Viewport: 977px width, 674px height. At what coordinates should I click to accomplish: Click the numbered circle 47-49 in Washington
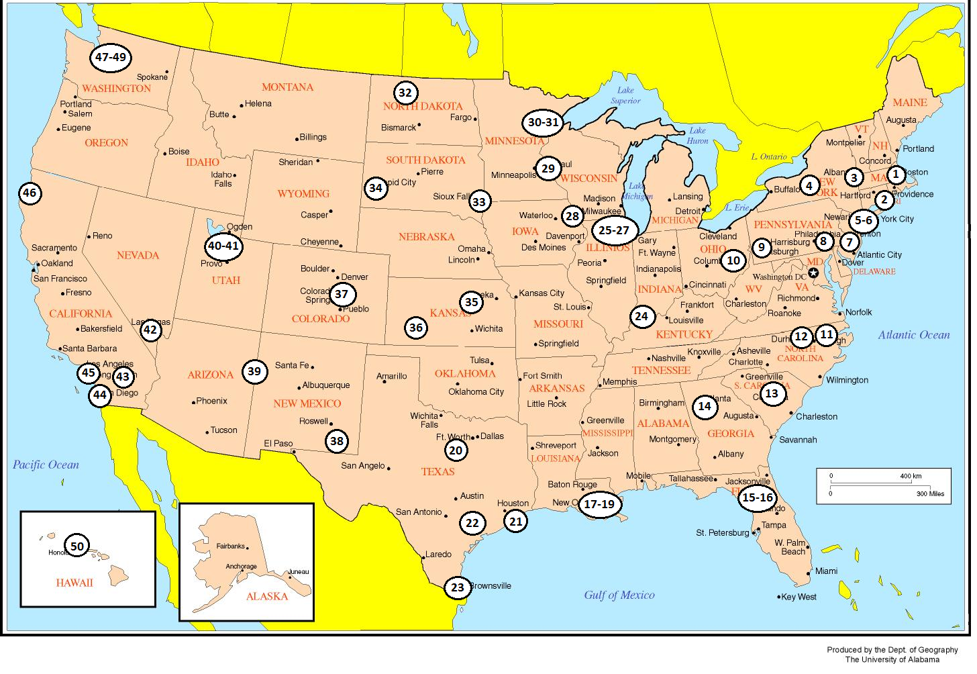tap(111, 58)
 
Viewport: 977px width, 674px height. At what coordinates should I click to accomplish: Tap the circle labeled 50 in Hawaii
tap(77, 546)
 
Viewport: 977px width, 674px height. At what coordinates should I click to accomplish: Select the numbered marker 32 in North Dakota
tap(405, 93)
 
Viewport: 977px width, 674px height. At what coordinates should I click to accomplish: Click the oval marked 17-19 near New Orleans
tap(599, 504)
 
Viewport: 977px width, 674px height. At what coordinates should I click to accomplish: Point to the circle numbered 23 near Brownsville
tap(458, 587)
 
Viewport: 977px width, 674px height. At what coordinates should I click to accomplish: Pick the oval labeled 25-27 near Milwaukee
tap(614, 230)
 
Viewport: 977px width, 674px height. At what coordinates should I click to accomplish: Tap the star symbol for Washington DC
tap(813, 273)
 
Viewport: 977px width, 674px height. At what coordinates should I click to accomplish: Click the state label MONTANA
tap(287, 87)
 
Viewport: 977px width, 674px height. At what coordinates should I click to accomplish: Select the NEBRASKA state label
tap(426, 237)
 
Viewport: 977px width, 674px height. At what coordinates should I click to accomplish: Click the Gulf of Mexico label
tap(619, 595)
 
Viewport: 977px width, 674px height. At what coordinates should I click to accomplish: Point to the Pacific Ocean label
tap(46, 465)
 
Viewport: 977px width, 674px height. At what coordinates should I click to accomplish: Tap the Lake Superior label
tap(625, 95)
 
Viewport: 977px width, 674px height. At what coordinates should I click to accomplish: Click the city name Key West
tap(799, 597)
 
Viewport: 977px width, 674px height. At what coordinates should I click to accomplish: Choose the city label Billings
tap(313, 137)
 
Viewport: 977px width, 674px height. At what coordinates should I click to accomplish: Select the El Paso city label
tap(278, 443)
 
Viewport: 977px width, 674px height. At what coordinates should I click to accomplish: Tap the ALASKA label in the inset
tap(266, 596)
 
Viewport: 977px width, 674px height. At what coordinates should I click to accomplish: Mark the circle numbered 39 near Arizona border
tap(254, 371)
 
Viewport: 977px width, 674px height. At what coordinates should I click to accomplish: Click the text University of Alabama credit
tap(892, 659)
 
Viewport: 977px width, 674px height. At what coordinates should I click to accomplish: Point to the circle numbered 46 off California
tap(30, 193)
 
